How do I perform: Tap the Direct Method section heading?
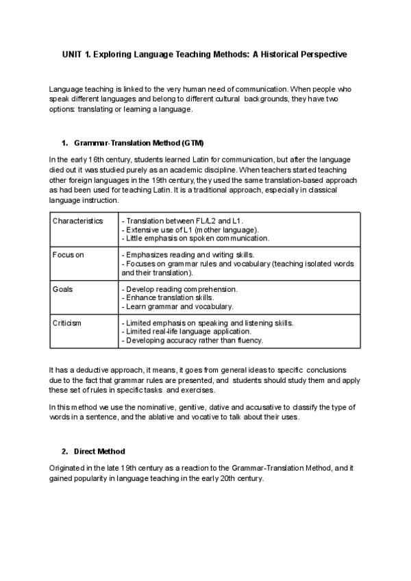click(x=99, y=452)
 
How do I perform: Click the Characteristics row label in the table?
click(x=78, y=221)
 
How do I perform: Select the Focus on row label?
click(x=68, y=255)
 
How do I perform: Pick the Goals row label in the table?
click(x=63, y=289)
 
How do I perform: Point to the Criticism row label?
click(x=67, y=323)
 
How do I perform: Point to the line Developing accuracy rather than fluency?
click(x=192, y=340)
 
